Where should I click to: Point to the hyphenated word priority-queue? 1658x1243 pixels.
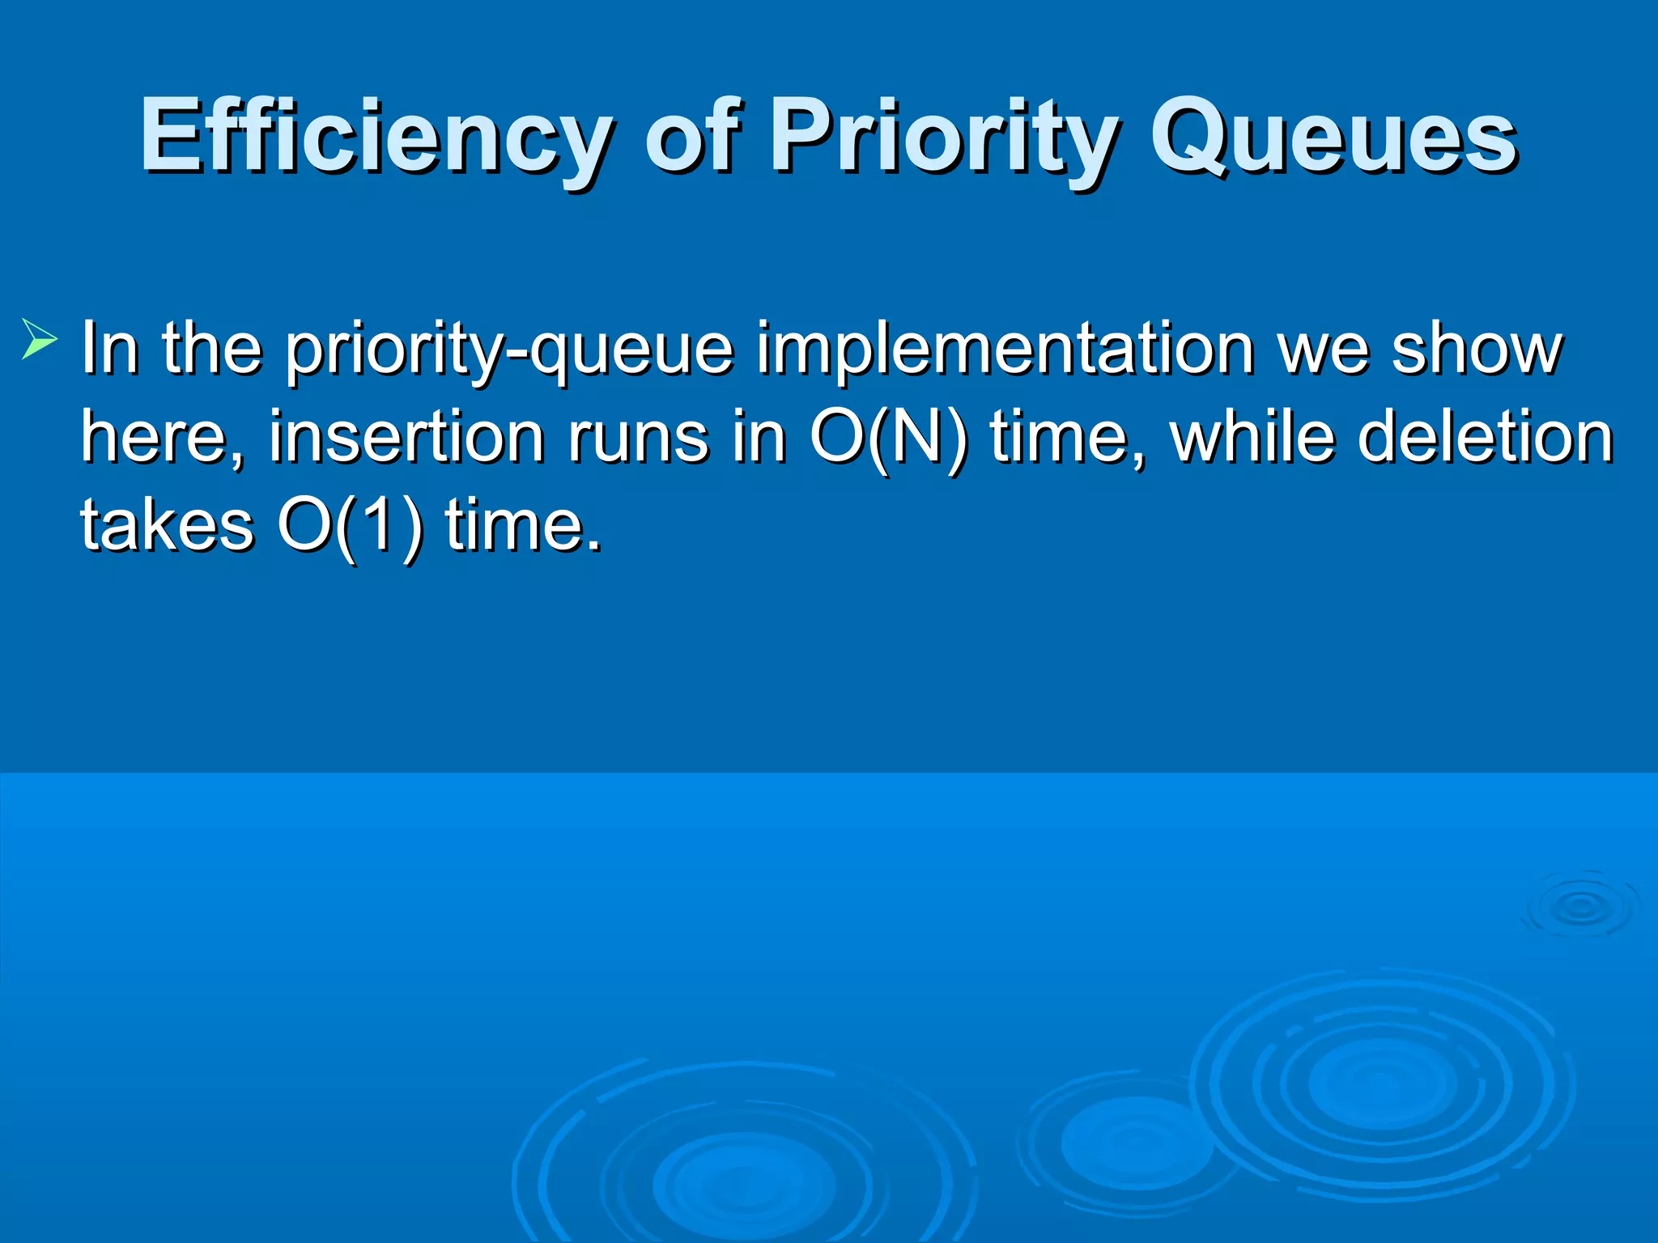pos(510,350)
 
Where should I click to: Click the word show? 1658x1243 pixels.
pos(1477,350)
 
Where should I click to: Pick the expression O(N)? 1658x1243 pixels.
pos(888,438)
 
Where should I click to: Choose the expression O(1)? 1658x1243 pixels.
pos(350,526)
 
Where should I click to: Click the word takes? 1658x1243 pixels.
pos(167,526)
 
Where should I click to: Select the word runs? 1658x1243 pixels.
pos(638,438)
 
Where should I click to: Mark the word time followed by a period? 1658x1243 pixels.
pos(523,526)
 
